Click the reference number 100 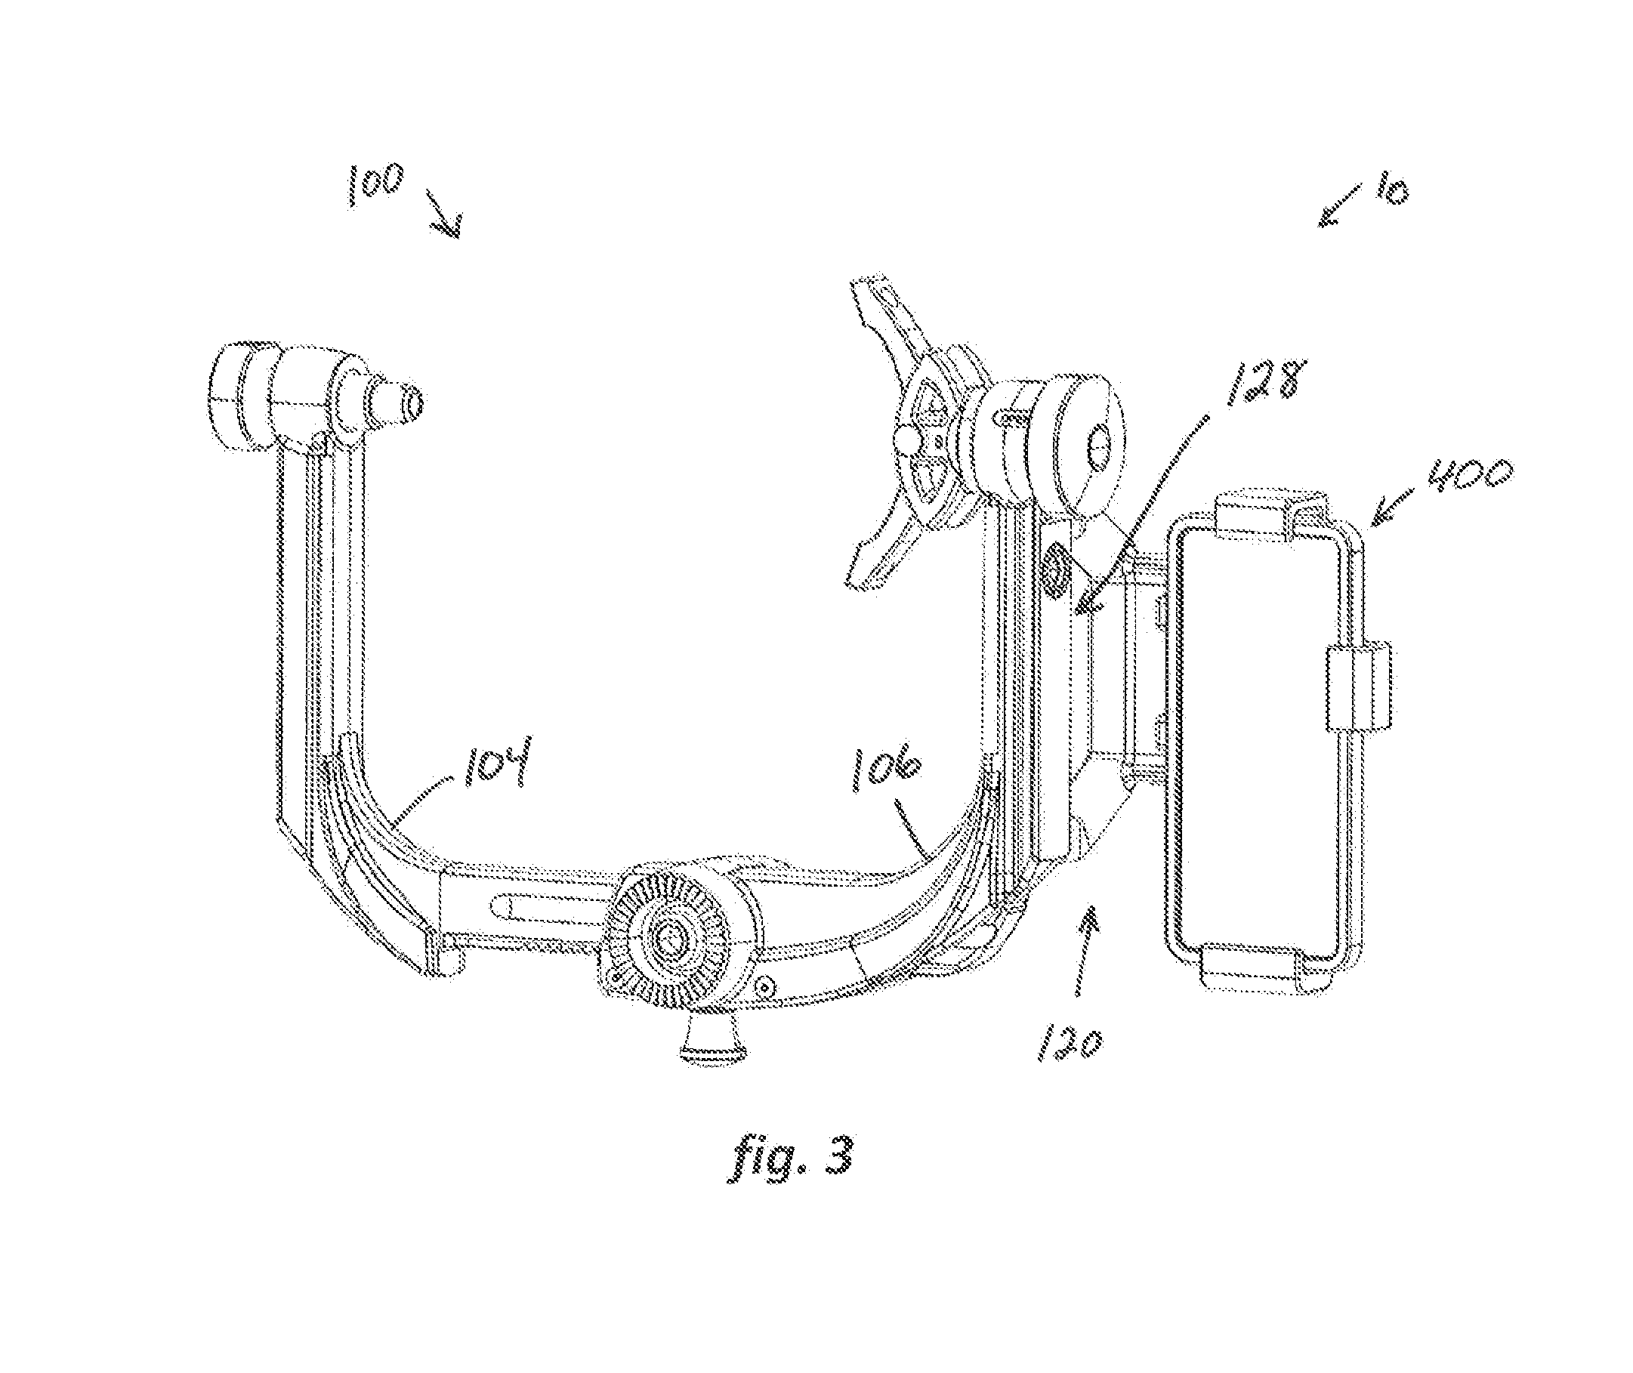376,184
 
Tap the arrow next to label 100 443,211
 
